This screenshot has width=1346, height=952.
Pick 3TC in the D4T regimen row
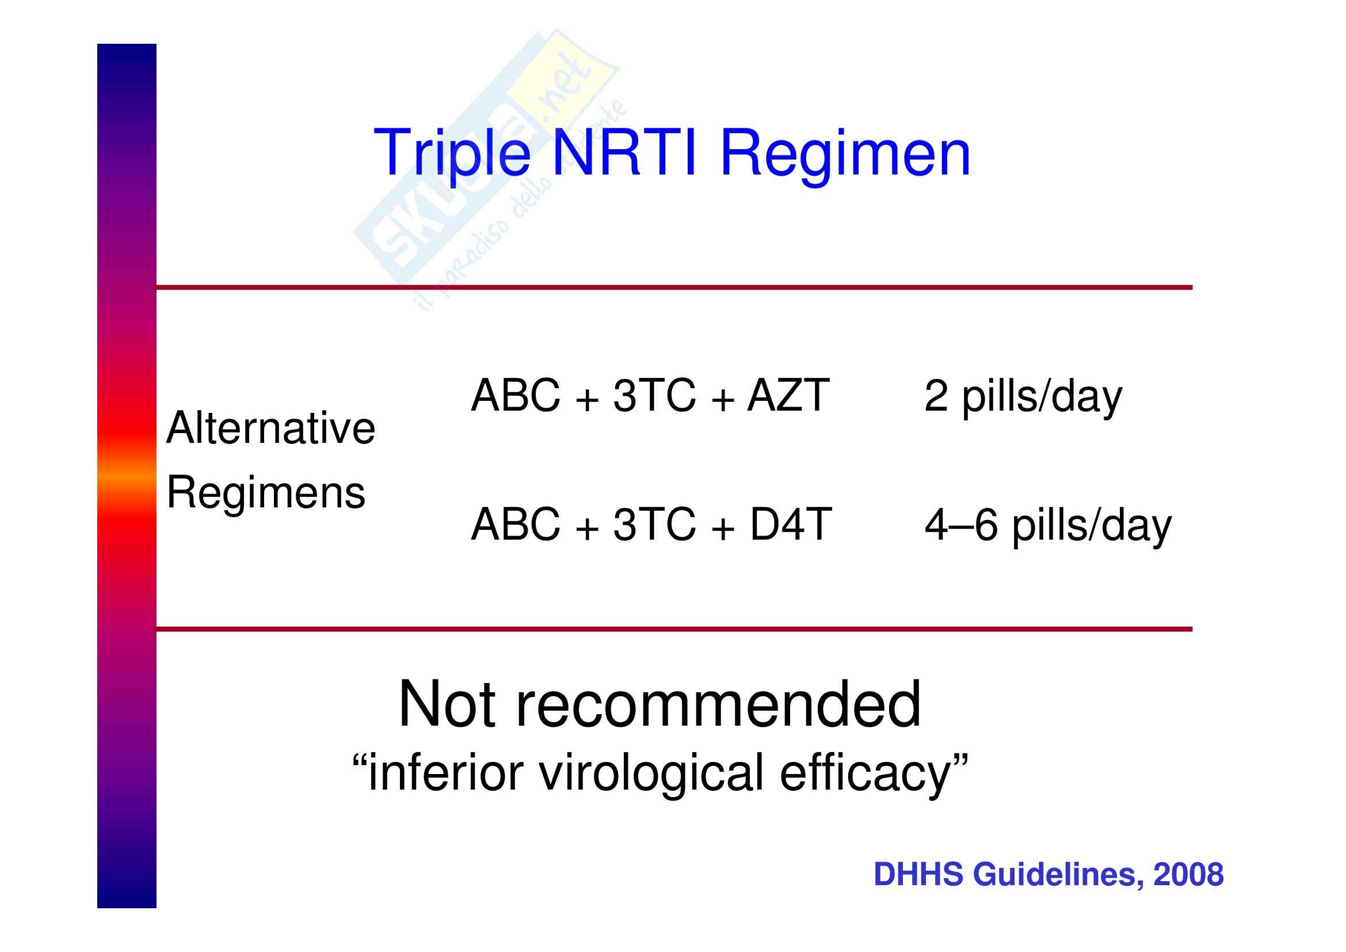pyautogui.click(x=654, y=524)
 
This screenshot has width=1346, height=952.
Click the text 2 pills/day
pyautogui.click(x=1023, y=397)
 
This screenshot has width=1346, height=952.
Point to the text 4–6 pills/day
pyautogui.click(x=1047, y=526)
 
